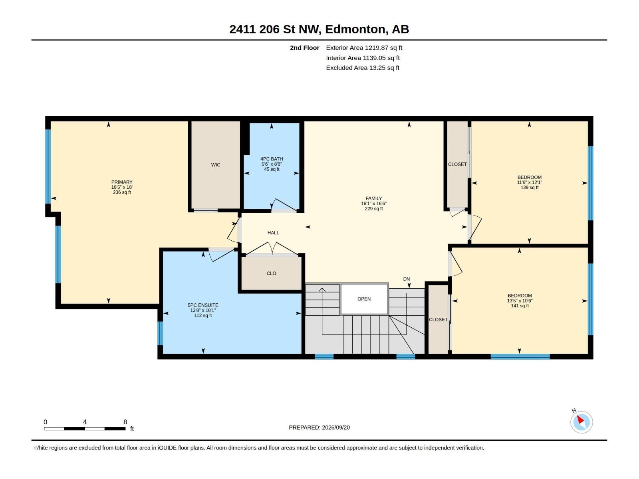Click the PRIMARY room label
click(x=122, y=182)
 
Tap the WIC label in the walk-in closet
click(x=215, y=165)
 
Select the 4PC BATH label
click(x=272, y=159)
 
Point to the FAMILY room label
click(x=373, y=198)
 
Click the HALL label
click(x=273, y=233)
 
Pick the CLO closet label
click(x=271, y=273)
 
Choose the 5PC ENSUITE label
click(x=203, y=305)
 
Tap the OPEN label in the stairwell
click(x=364, y=299)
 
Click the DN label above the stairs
click(x=407, y=279)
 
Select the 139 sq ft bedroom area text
click(x=530, y=188)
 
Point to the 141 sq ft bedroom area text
click(x=520, y=306)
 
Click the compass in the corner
click(x=581, y=422)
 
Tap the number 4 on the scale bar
click(x=85, y=422)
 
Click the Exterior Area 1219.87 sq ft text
click(x=364, y=48)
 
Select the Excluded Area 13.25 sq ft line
click(x=363, y=68)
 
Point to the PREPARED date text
click(x=319, y=428)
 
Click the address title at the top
click(x=319, y=29)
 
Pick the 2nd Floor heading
click(x=304, y=48)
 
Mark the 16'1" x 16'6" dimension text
click(x=374, y=204)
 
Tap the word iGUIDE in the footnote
click(x=167, y=448)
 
